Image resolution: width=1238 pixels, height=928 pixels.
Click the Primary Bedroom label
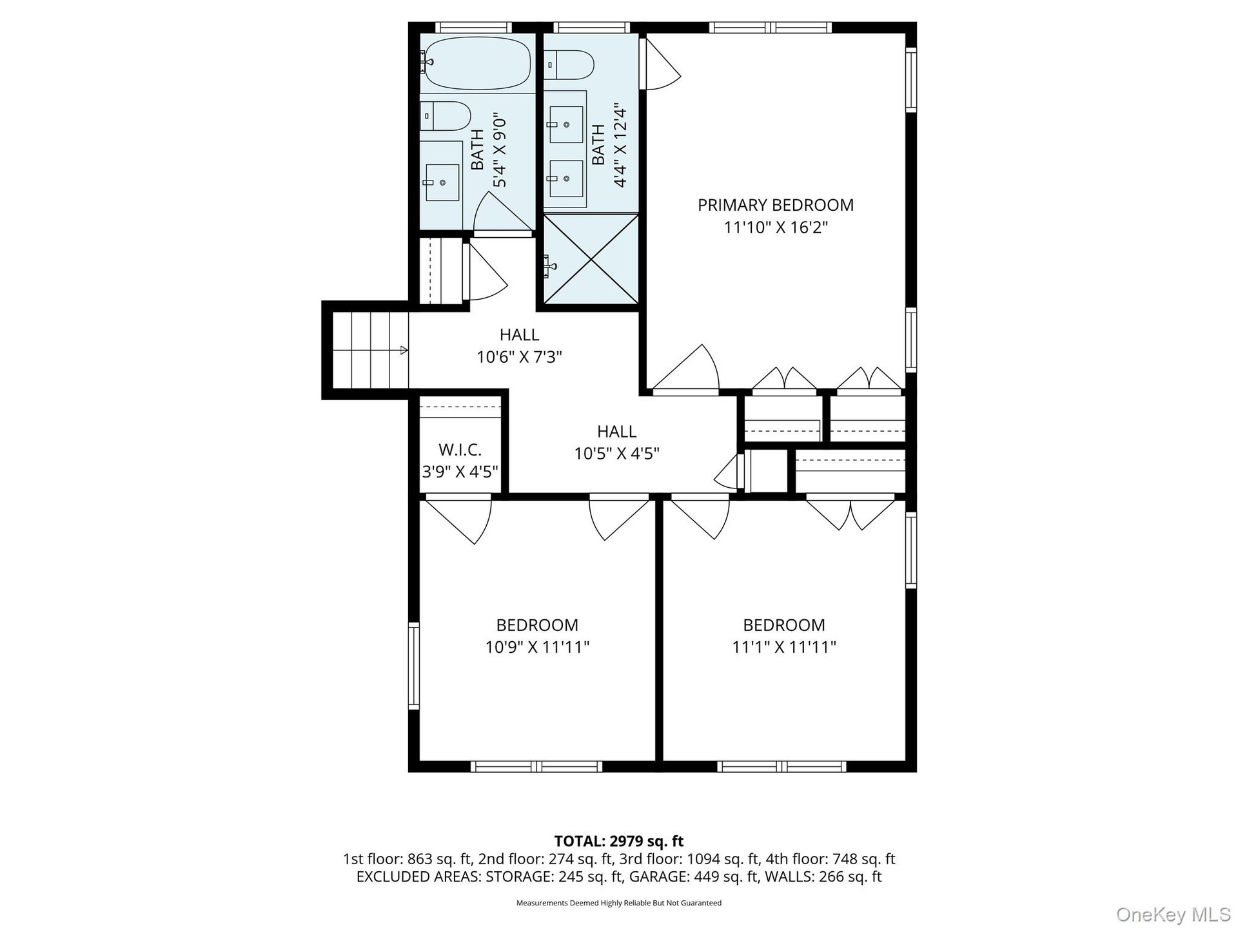[776, 205]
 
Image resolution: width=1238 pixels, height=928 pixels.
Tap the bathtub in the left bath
[477, 63]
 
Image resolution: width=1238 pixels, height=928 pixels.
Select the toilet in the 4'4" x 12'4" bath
[568, 64]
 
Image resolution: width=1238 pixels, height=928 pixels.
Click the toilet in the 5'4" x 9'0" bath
[446, 116]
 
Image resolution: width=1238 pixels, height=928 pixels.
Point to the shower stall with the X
[591, 259]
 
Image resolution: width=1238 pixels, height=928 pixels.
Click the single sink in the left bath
[442, 182]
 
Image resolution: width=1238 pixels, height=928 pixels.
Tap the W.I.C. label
[460, 449]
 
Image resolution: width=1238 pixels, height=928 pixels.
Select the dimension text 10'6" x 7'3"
[519, 356]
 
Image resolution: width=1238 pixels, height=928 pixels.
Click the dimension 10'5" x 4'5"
[616, 454]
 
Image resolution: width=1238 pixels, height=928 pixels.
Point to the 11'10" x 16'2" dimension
[776, 227]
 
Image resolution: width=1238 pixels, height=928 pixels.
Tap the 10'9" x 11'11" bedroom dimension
[537, 647]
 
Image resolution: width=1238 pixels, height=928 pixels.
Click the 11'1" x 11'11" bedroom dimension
[784, 647]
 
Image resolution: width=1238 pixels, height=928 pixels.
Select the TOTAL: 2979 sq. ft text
[619, 841]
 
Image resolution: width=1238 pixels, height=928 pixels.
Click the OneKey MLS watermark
[1174, 914]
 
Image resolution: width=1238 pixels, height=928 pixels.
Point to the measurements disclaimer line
[619, 903]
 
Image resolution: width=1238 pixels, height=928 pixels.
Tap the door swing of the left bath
[502, 213]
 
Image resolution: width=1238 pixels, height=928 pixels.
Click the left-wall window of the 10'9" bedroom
[413, 666]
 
